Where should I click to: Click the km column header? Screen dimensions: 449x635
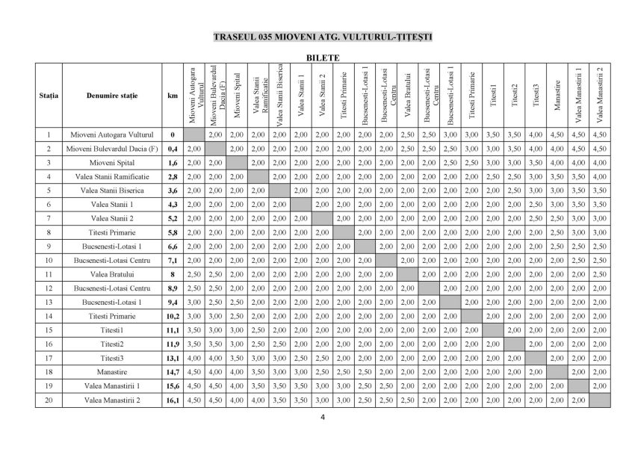(173, 96)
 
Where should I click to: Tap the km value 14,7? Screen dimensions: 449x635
(173, 372)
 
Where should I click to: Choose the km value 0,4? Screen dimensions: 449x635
(173, 149)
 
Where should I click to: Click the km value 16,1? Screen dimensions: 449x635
(173, 400)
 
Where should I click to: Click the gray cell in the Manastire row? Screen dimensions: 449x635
(557, 372)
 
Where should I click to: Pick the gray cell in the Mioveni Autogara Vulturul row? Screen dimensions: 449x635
(193, 134)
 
